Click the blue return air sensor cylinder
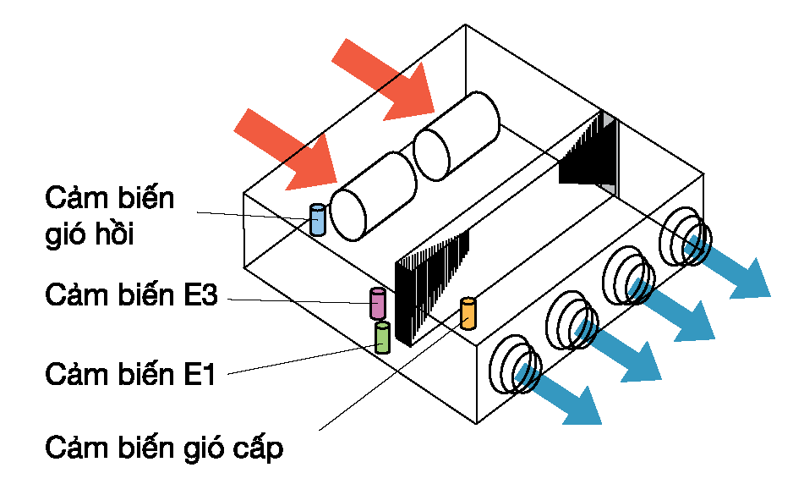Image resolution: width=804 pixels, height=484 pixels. [x=318, y=220]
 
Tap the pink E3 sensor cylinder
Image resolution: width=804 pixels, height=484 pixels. [x=377, y=303]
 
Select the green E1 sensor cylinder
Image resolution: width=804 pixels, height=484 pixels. [x=382, y=338]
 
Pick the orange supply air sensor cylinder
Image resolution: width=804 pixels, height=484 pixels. [x=468, y=313]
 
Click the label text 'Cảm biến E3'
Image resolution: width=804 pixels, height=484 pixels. [x=131, y=294]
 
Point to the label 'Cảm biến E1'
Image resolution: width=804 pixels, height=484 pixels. [x=130, y=374]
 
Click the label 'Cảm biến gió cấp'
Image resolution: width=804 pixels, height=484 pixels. [x=164, y=448]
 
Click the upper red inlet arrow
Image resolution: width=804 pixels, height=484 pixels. [x=383, y=80]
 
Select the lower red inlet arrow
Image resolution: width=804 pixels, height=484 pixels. [x=285, y=150]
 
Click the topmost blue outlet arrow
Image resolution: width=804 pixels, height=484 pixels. [x=727, y=267]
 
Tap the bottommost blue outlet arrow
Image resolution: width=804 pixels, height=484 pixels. [x=558, y=393]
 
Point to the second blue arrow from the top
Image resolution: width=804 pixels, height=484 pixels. [x=672, y=310]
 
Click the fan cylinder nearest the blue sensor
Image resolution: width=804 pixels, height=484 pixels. [x=373, y=196]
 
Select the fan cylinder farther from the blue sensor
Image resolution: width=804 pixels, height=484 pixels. [x=457, y=136]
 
